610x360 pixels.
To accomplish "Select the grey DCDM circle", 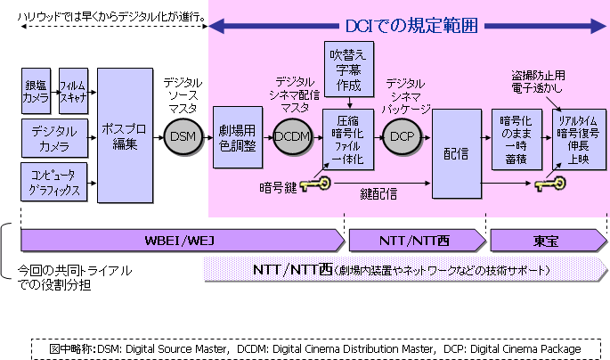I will pos(291,137).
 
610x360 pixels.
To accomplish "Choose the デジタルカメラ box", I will pos(55,138).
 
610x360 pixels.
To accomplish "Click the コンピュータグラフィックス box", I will pos(55,182).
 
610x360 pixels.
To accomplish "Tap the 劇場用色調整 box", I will pos(238,139).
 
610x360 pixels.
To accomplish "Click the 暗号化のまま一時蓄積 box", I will pos(516,138).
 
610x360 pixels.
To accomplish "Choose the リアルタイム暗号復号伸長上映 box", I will pos(576,139).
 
